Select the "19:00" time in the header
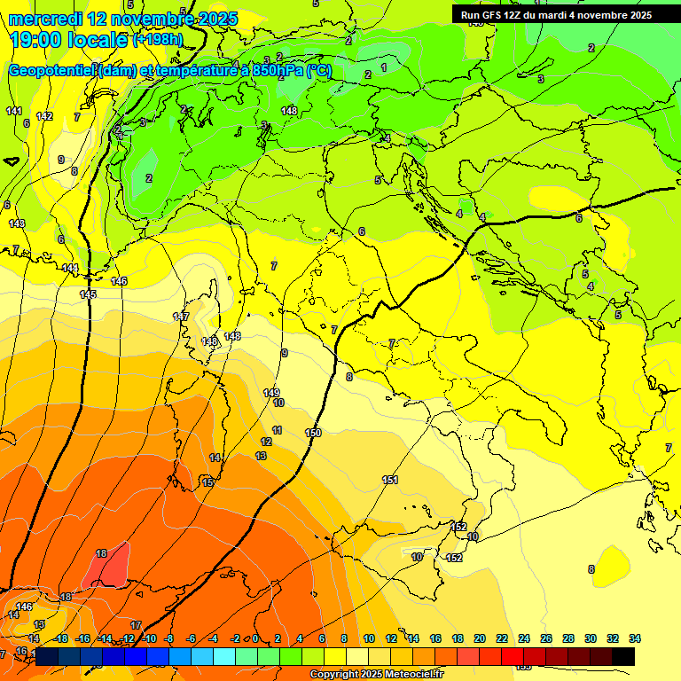pyautogui.click(x=35, y=40)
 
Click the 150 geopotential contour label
pyautogui.click(x=312, y=433)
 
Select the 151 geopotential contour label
pyautogui.click(x=390, y=480)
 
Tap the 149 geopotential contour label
pyautogui.click(x=271, y=393)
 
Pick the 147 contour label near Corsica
pyautogui.click(x=181, y=317)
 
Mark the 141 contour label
pyautogui.click(x=13, y=111)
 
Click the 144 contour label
pyautogui.click(x=70, y=268)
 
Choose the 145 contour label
pyautogui.click(x=88, y=294)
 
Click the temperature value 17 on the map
pyautogui.click(x=136, y=625)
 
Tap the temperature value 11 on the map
pyautogui.click(x=278, y=430)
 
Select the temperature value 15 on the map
pyautogui.click(x=207, y=482)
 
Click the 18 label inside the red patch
pyautogui.click(x=101, y=553)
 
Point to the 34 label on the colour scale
pyautogui.click(x=635, y=638)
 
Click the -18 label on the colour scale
pyautogui.click(x=61, y=638)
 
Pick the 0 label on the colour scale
pyautogui.click(x=255, y=638)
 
